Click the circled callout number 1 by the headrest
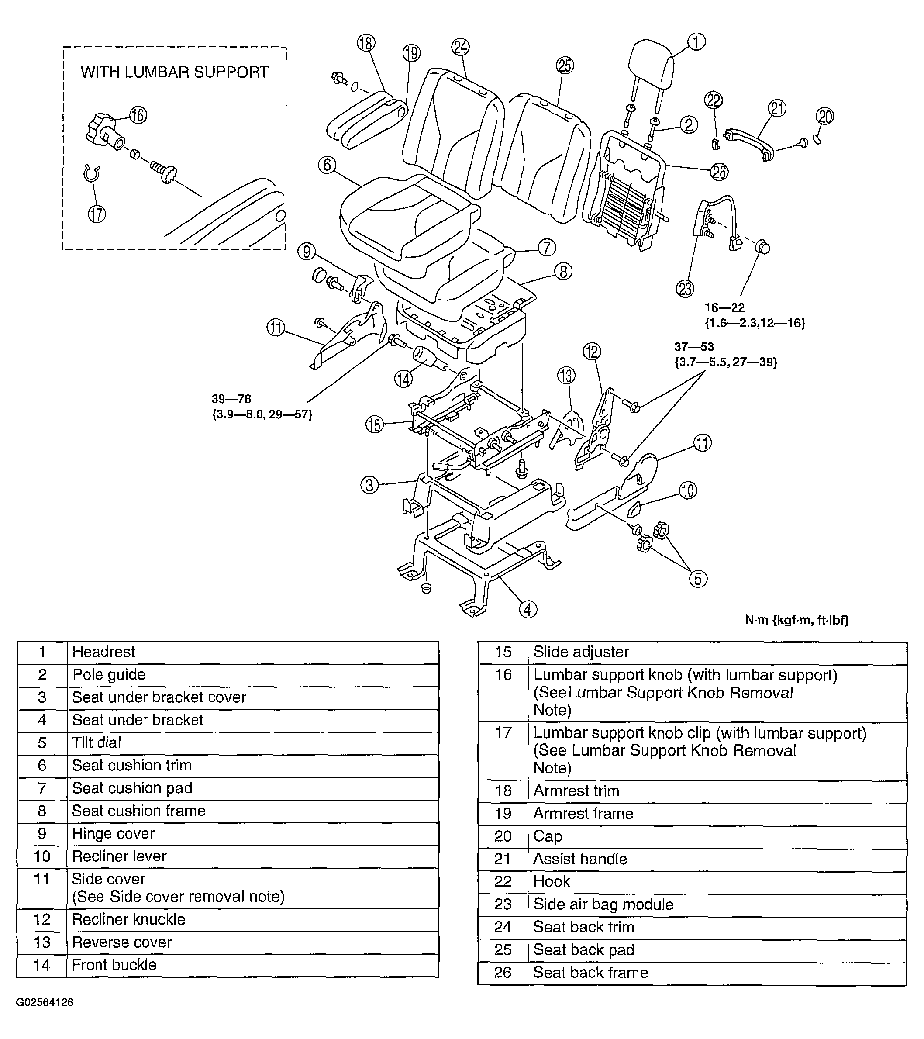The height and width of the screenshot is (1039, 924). [696, 41]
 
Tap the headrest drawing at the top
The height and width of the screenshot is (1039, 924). [651, 66]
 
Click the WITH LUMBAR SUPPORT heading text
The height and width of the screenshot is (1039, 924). [174, 72]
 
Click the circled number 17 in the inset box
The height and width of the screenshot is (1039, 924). [97, 214]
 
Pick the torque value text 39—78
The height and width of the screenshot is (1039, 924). [231, 399]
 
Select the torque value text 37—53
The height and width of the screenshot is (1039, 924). [694, 347]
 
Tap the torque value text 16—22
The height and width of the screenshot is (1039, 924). [724, 307]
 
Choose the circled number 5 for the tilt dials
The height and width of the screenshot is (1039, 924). [698, 579]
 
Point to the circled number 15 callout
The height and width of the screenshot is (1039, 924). [375, 425]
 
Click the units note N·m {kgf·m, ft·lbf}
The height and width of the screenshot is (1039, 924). [796, 620]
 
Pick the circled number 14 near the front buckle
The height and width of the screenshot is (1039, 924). [403, 379]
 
